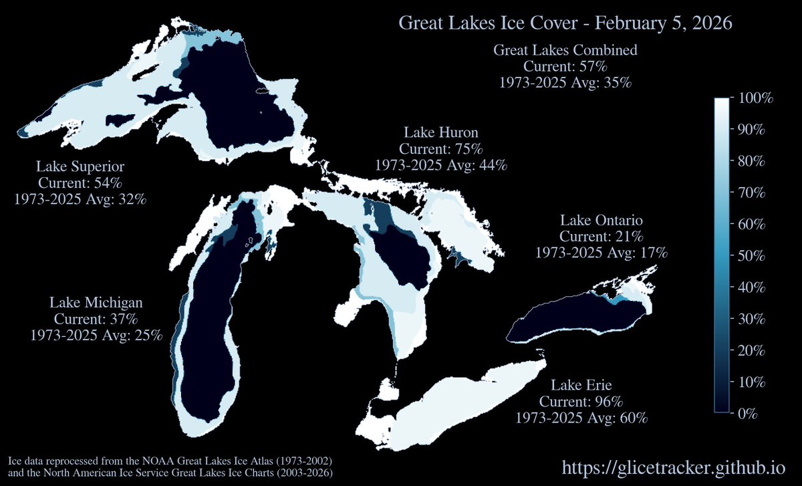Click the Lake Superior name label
pos(80,166)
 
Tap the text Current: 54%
pos(80,183)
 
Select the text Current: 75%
pos(441,148)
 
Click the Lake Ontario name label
pos(601,220)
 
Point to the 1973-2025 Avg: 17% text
pos(601,253)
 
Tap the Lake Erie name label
pos(581,385)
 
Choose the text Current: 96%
pos(581,402)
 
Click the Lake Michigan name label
pos(96,302)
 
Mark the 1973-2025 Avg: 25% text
pos(96,335)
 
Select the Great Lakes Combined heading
pos(565,50)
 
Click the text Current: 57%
pos(565,67)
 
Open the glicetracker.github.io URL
pos(673,467)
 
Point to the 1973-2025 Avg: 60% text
pos(581,418)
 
